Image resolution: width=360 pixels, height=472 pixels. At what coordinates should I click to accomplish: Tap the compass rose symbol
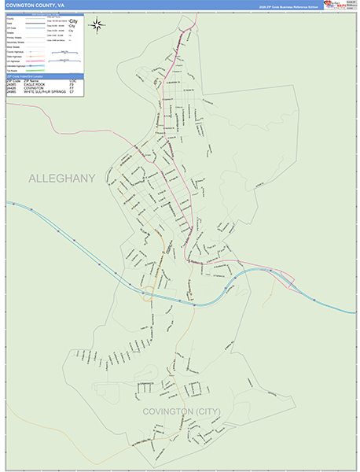point(97,24)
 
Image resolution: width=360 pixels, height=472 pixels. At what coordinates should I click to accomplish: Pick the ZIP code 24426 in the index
point(11,88)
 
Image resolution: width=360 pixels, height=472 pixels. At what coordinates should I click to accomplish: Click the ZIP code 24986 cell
point(11,92)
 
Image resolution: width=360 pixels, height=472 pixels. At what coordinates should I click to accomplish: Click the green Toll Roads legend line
point(35,70)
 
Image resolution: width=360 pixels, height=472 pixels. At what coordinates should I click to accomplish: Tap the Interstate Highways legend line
point(35,65)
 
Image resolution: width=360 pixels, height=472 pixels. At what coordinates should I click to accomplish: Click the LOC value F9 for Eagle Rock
point(72,84)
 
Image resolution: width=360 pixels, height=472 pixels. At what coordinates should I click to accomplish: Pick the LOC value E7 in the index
point(72,92)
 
